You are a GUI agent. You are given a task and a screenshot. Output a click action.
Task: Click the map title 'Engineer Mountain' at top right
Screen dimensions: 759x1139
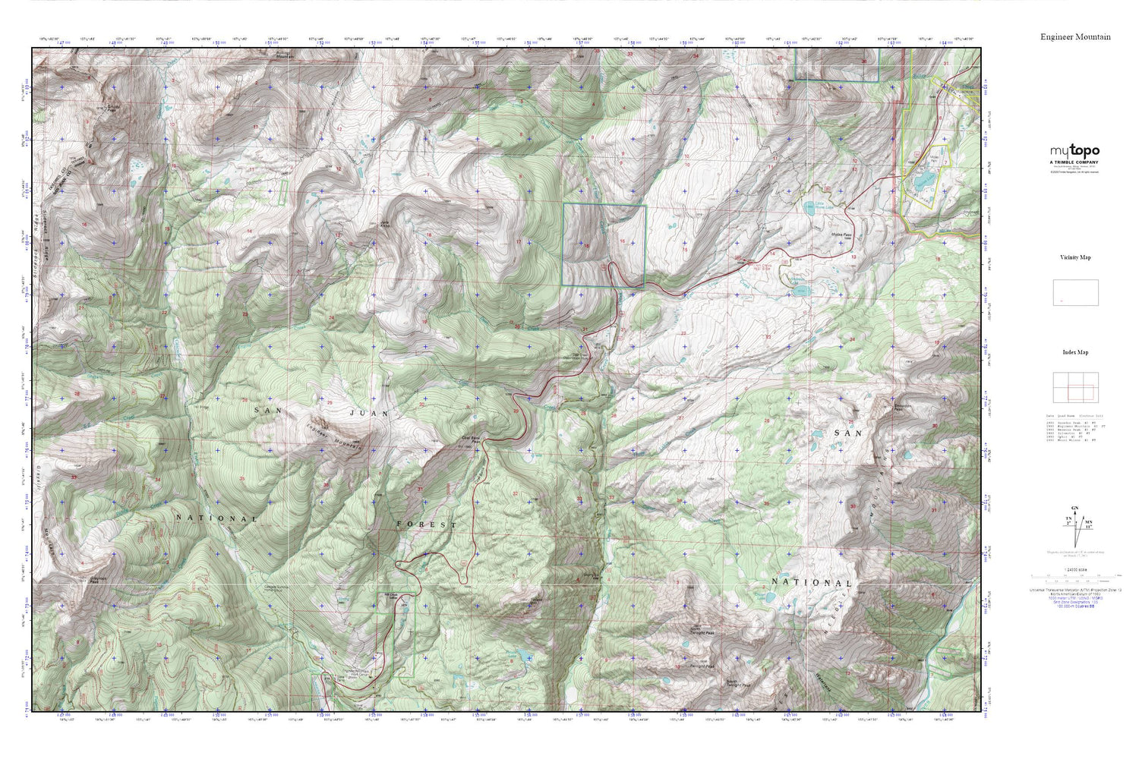tap(1075, 36)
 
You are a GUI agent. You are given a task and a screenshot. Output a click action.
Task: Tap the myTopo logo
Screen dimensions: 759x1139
tap(1074, 151)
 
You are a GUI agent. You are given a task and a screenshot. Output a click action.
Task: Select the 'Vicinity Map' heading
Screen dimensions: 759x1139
tap(1075, 257)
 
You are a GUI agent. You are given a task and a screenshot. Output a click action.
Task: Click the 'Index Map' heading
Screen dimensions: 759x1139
tap(1075, 352)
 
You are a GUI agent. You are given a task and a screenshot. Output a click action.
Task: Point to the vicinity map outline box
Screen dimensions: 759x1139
tap(1075, 292)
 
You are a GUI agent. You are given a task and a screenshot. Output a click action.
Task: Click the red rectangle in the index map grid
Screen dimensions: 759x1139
tap(1081, 392)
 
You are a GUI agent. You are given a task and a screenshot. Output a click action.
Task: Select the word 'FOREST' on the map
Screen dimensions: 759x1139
tap(427, 524)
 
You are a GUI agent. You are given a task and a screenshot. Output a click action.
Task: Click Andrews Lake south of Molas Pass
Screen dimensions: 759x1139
tap(797, 288)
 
